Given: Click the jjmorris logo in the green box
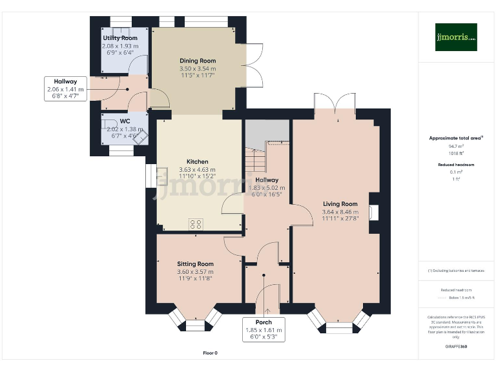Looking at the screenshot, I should (455, 37).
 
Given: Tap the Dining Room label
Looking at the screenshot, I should (198, 61).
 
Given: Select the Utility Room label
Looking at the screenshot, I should (121, 38).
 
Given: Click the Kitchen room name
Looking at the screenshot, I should (197, 161).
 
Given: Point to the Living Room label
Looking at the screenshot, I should (340, 204).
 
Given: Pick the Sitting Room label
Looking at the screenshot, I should (195, 263).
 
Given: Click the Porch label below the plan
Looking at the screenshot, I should (263, 322).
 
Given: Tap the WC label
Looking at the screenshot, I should (125, 121).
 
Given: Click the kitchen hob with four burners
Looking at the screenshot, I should (196, 224).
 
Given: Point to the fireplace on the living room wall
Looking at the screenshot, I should (375, 212).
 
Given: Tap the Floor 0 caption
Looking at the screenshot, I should (210, 353).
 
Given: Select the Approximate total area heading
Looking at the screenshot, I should (456, 138).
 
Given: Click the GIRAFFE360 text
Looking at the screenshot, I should (456, 347).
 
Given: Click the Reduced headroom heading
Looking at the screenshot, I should (456, 165).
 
